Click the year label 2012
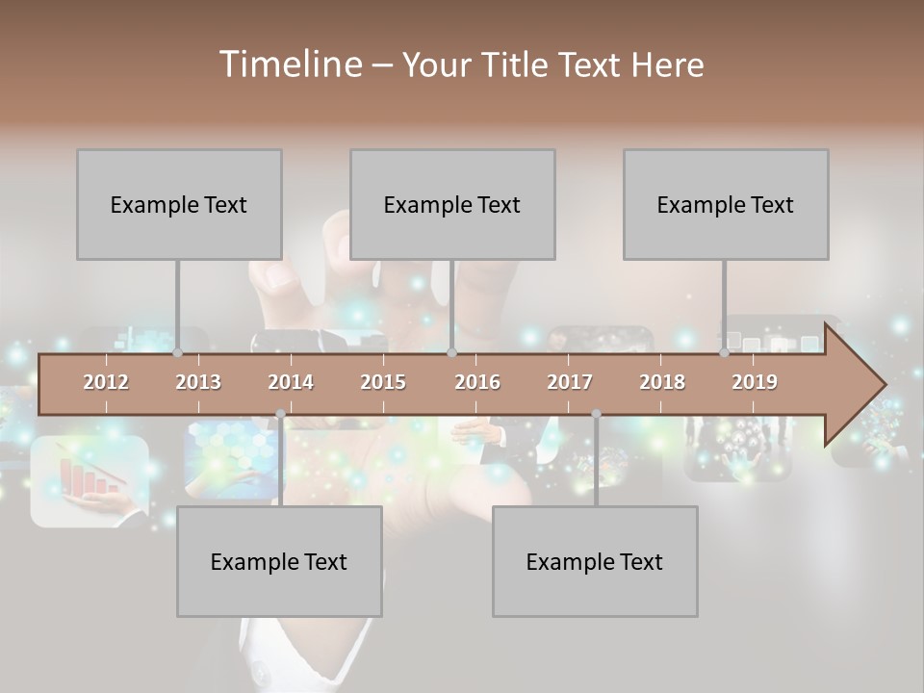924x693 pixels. (106, 382)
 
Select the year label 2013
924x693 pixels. (198, 382)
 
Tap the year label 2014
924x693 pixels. (291, 382)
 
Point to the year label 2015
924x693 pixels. (383, 382)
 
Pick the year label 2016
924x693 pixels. (477, 382)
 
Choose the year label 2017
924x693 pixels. (570, 382)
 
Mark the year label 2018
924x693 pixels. (662, 382)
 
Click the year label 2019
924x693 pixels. (755, 382)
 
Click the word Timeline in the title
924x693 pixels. (289, 64)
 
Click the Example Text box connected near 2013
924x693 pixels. (179, 204)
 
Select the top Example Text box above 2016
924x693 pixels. (452, 204)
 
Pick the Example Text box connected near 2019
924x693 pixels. (726, 204)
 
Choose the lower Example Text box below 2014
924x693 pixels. (279, 561)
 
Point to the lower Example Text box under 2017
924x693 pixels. (595, 561)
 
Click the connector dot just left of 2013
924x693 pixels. (177, 353)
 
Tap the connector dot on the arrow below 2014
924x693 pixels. (280, 414)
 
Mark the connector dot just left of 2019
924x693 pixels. (724, 353)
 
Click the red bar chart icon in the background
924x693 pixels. (89, 478)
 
